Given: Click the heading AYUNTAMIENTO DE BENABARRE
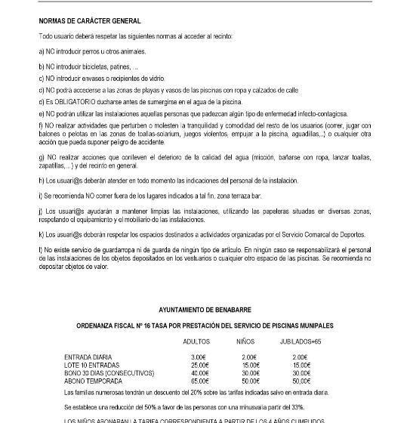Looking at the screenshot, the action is (205, 310).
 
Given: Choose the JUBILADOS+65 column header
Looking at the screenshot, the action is (301, 341).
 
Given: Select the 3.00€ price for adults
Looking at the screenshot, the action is (199, 357).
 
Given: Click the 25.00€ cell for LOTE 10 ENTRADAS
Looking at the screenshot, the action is (199, 364).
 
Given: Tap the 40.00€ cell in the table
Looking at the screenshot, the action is (199, 372).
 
